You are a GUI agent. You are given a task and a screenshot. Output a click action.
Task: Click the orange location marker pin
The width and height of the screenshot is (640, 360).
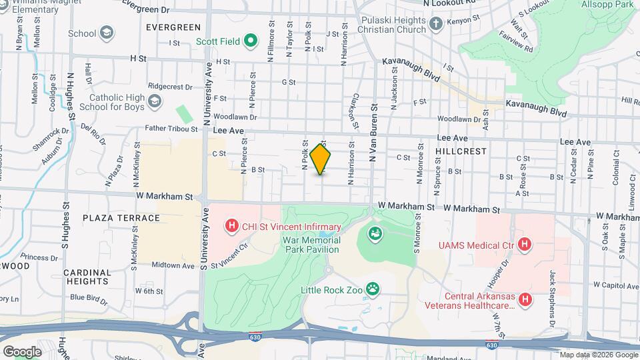point(321,159)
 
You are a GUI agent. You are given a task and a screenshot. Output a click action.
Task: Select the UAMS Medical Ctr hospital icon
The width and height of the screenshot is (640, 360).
point(525,245)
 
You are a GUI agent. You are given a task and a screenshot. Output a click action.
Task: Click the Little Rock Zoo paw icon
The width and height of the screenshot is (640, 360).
point(373,289)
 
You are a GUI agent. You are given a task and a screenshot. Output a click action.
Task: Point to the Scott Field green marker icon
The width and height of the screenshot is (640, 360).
point(251,41)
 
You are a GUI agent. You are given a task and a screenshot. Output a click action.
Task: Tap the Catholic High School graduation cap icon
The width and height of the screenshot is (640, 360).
point(155,101)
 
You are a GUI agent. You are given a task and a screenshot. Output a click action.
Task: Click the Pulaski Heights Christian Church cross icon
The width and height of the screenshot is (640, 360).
point(436,25)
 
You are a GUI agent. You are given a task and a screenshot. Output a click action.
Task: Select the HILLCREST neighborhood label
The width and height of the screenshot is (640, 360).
point(459,152)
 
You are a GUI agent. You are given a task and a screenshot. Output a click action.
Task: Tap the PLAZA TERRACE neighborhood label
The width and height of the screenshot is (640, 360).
point(121,218)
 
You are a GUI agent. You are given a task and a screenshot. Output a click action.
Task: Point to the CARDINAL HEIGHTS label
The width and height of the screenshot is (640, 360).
point(88,277)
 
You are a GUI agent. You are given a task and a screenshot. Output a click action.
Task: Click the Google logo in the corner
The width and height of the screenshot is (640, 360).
point(21,351)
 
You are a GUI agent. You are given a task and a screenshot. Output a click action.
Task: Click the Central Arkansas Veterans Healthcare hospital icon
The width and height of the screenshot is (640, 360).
point(525,300)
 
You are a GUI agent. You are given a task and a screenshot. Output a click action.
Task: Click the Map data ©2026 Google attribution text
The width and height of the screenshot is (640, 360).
point(598,355)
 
